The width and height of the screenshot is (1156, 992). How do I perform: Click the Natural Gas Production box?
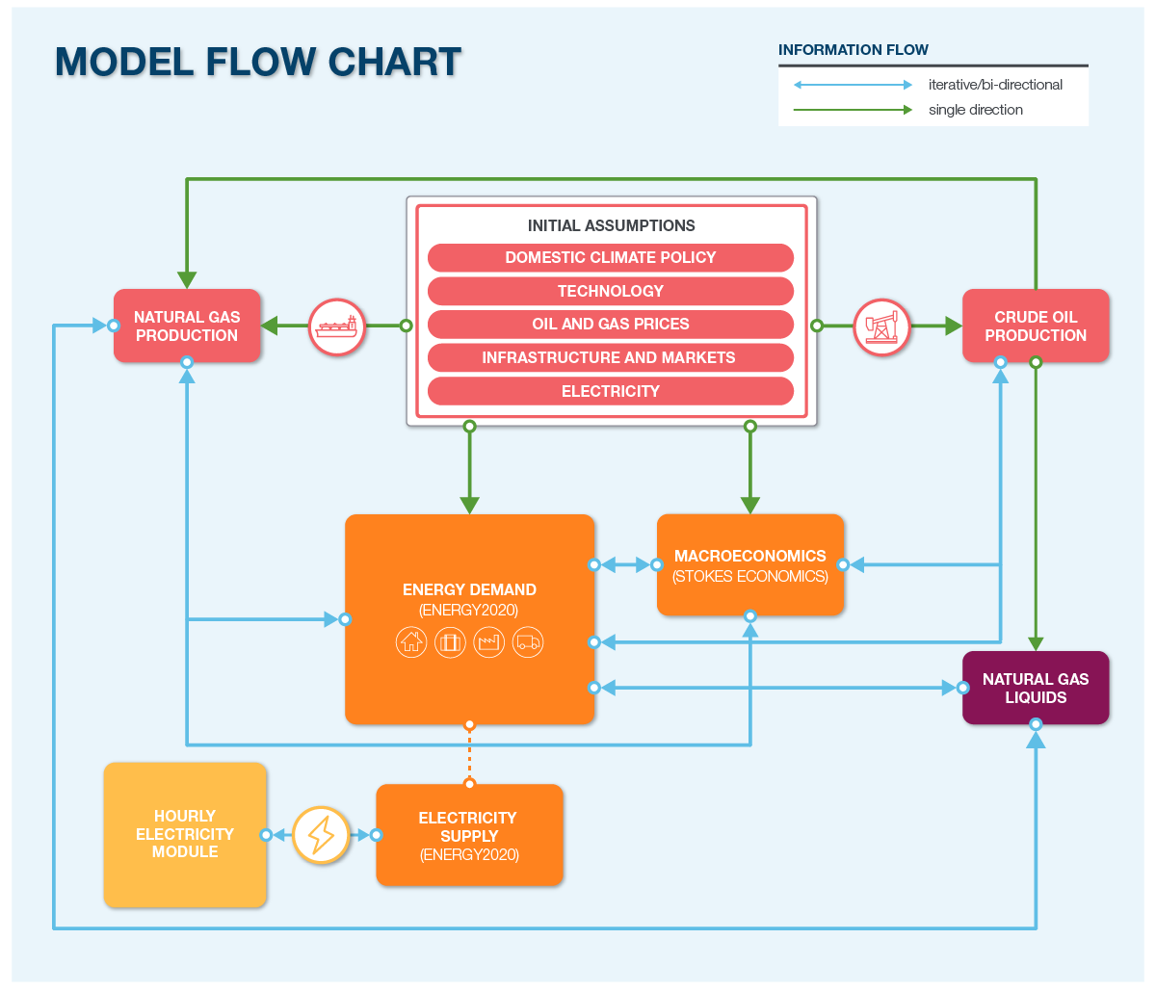187,326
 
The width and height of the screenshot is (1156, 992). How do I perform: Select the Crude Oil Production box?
1036,326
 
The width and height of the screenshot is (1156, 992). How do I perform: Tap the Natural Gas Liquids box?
1036,688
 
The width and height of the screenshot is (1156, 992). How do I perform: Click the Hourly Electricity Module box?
185,834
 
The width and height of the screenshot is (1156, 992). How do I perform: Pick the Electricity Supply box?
469,835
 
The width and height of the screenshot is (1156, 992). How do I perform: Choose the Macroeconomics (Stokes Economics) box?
749,565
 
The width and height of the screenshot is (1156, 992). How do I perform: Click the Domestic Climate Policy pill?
610,257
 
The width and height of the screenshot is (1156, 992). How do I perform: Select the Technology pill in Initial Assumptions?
610,291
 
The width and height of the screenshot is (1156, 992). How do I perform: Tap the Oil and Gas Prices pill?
610,324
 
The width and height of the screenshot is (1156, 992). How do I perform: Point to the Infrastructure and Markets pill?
610,357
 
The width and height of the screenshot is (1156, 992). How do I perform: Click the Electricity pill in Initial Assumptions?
610,391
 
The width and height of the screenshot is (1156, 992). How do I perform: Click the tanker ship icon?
337,326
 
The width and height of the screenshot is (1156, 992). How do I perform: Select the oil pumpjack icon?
881,326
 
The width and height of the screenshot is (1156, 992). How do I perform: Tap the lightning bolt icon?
321,834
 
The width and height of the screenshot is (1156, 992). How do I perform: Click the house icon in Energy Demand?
411,642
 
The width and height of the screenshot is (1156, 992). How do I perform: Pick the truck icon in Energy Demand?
528,642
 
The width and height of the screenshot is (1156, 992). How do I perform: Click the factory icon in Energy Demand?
489,642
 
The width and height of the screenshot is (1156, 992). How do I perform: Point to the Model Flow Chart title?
258,62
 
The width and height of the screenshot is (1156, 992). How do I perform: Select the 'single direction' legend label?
975,110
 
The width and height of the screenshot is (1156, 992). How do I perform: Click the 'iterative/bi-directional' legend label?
995,85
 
